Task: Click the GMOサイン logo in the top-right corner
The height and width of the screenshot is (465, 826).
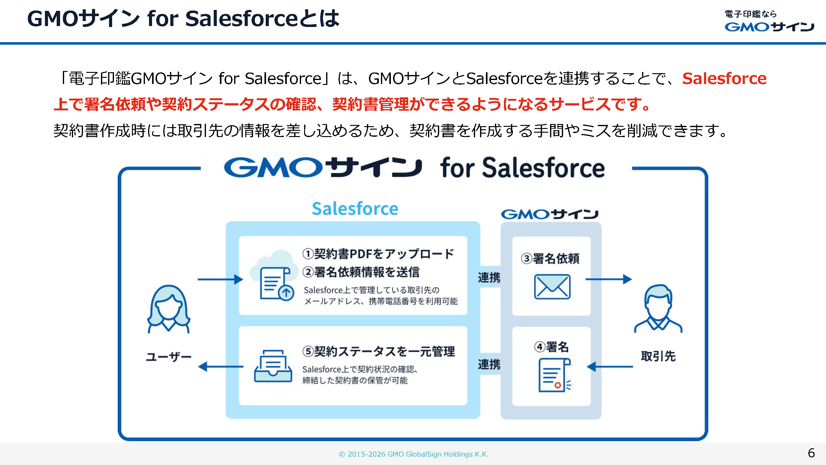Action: click(x=769, y=21)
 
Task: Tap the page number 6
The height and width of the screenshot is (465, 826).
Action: click(x=811, y=453)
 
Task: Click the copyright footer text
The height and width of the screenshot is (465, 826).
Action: click(x=413, y=454)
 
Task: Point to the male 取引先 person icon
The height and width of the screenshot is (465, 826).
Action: click(x=658, y=308)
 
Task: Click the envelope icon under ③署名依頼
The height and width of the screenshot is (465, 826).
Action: click(x=552, y=286)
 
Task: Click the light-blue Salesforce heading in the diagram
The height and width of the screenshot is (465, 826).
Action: click(x=355, y=209)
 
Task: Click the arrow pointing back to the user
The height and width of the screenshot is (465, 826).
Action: click(x=220, y=366)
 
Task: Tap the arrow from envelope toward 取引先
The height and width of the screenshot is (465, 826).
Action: click(x=608, y=279)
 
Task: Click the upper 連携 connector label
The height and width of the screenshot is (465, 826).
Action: click(x=489, y=277)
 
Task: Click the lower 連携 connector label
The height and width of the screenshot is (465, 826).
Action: click(x=489, y=365)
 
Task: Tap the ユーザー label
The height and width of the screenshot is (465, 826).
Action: click(x=169, y=357)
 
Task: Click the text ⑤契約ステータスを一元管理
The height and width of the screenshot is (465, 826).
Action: click(x=378, y=352)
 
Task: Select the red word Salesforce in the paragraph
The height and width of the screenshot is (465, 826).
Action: click(x=724, y=79)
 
